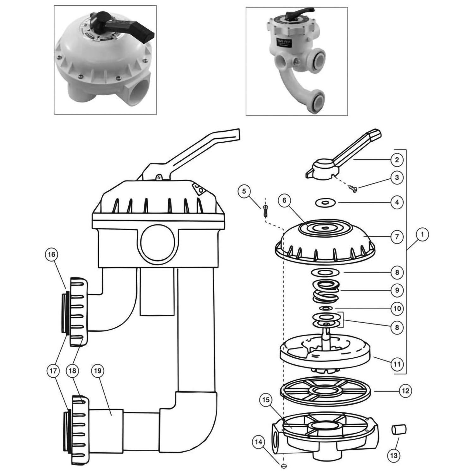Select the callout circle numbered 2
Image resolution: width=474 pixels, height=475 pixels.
(x=397, y=159)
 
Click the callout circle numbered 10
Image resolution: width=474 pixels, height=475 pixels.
(x=397, y=309)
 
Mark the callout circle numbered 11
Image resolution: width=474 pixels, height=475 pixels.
(x=397, y=364)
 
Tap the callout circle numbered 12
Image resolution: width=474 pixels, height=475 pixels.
(x=406, y=391)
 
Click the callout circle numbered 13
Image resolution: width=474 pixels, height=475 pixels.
(x=394, y=455)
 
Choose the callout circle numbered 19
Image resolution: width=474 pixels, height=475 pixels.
(x=97, y=370)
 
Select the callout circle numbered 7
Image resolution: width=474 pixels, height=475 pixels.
(x=397, y=237)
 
